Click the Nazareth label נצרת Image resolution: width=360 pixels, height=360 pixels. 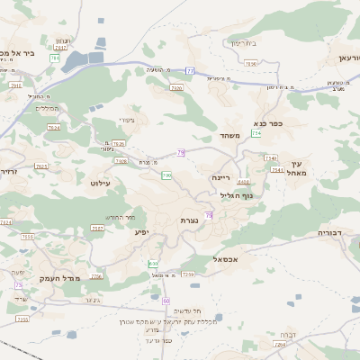point(189,220)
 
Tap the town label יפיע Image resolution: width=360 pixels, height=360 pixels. point(143,231)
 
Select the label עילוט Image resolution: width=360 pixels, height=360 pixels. point(99,182)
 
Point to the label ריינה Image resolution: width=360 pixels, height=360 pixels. point(221,178)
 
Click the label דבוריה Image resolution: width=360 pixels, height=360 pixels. point(331,232)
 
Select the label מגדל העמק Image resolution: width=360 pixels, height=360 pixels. point(61,278)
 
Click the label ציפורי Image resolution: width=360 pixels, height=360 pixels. point(126,119)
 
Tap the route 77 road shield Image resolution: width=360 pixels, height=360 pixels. point(190,70)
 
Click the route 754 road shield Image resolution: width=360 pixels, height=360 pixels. point(256,133)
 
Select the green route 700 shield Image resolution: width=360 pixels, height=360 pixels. point(166,175)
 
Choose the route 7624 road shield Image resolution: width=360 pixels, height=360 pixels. point(53,128)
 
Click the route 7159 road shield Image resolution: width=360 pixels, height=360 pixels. point(187,274)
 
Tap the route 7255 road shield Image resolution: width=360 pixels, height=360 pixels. point(95,228)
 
